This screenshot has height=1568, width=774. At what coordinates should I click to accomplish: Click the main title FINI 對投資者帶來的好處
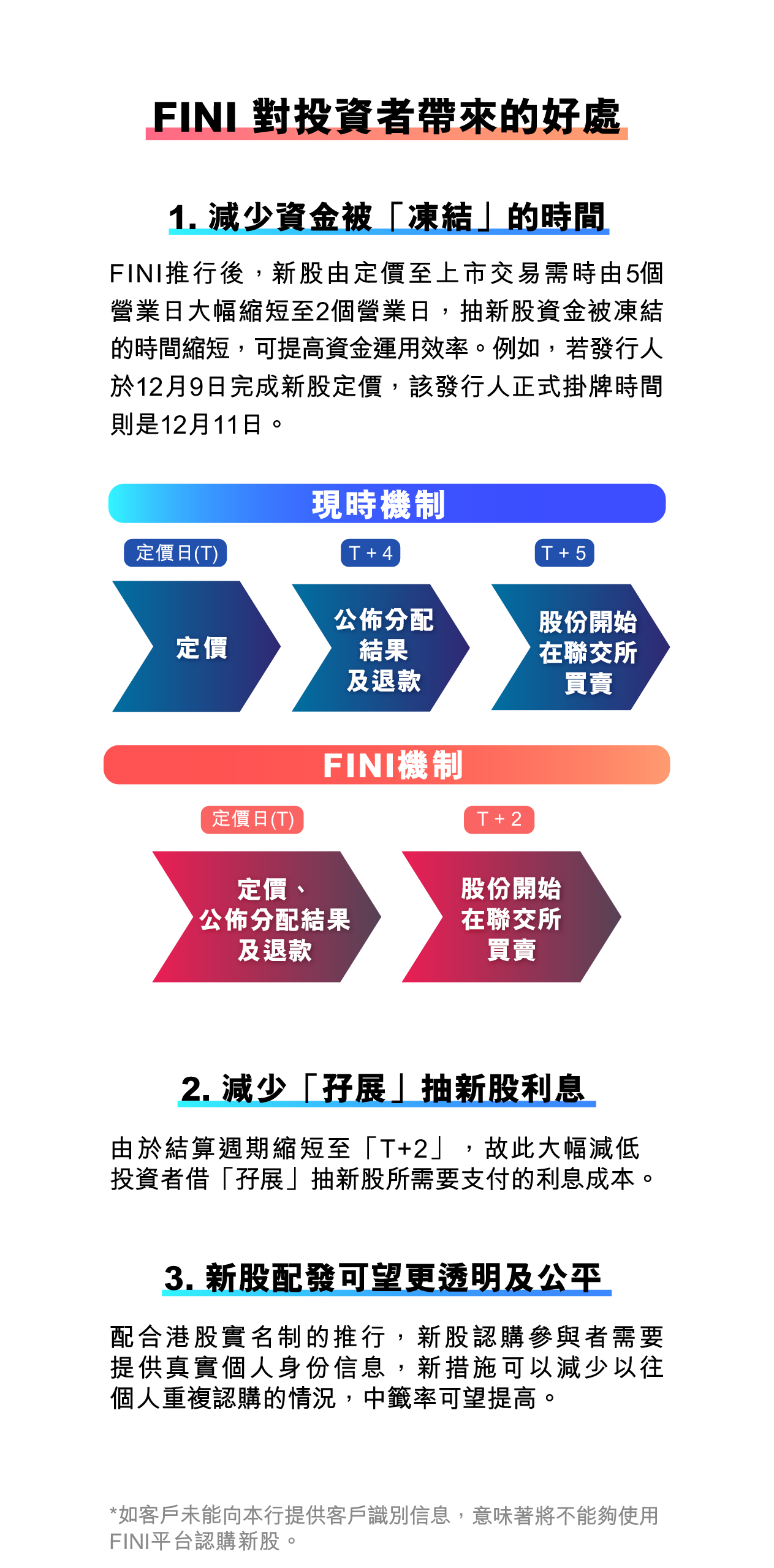coord(387,116)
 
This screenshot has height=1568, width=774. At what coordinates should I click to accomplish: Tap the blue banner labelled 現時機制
coord(387,503)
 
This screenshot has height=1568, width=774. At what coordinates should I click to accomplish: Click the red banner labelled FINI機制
coord(387,764)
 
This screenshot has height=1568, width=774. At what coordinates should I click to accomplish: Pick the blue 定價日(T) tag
coord(175,553)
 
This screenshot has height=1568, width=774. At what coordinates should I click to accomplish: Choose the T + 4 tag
coord(371,553)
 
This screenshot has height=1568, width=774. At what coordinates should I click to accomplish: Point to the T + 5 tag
coord(564,553)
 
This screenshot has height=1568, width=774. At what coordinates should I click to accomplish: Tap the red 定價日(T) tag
coord(252,820)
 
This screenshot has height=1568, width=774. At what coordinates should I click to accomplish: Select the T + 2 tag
coord(499,820)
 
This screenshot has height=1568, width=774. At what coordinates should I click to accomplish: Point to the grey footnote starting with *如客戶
coord(384,1528)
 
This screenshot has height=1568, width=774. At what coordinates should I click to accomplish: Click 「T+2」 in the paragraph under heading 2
coord(404,1148)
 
